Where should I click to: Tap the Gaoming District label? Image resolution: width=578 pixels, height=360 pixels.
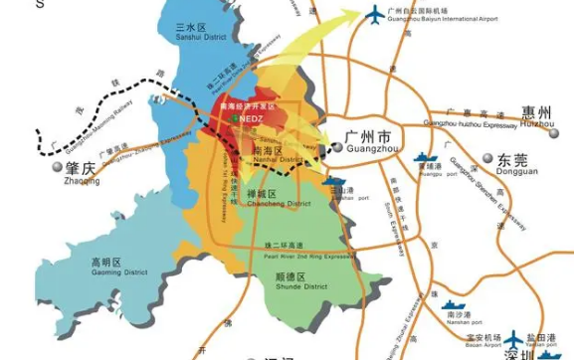[x=104, y=268]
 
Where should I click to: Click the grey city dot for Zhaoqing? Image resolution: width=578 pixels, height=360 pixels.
[x=58, y=170]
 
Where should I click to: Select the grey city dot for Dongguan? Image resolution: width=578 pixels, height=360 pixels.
[x=486, y=158]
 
